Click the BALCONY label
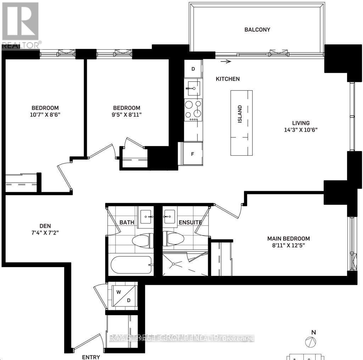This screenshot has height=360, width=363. coord(257,30)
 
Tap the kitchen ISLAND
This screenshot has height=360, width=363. coord(241,123)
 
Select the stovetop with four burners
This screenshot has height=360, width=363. coord(193,110)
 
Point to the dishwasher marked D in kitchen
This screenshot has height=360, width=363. coord(193,69)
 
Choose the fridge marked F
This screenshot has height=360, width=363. coord(192,154)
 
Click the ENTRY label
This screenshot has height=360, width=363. coord(91,357)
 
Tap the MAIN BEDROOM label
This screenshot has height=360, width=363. coord(289,239)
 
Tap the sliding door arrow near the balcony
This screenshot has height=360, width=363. coord(225,62)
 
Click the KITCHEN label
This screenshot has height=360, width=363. coord(228,79)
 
